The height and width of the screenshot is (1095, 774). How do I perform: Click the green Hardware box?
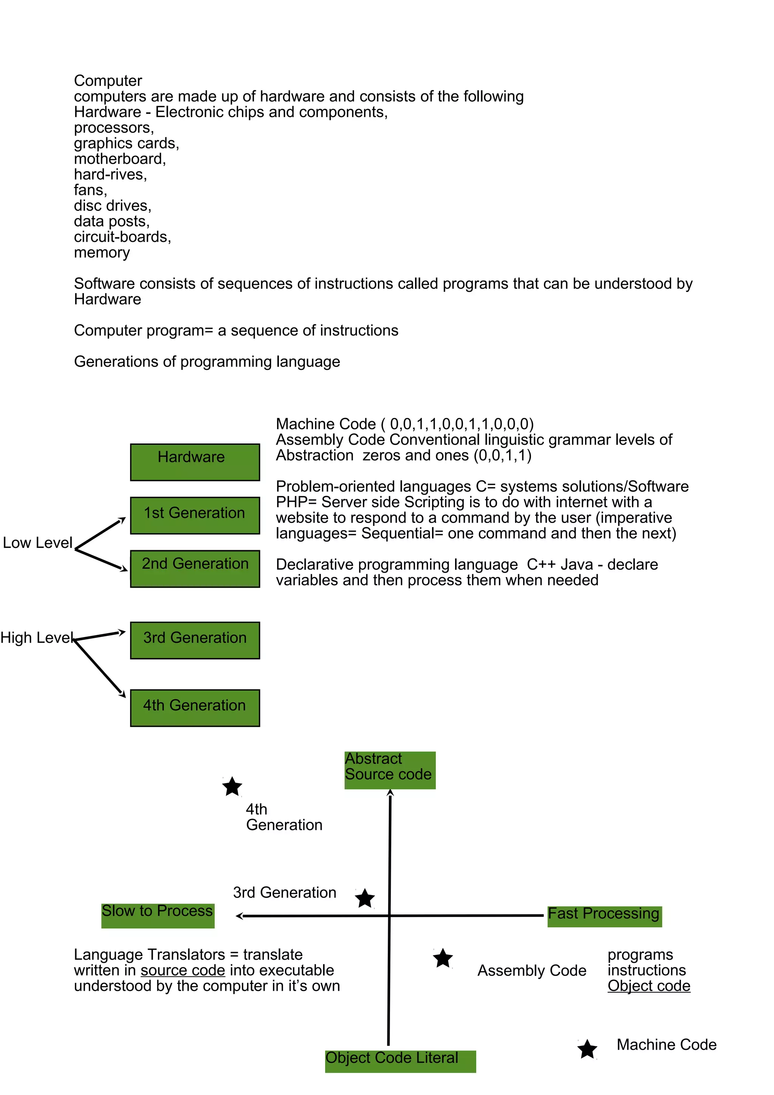195,462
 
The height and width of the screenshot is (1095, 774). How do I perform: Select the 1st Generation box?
195,515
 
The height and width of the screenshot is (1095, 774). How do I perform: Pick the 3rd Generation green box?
195,640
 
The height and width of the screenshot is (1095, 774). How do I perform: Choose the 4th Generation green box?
195,708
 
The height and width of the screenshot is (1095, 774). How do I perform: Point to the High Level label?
37,638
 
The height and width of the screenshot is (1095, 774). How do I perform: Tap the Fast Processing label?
604,916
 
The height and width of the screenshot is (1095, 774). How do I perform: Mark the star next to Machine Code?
587,1049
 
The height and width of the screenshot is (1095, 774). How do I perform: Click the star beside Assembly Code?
443,958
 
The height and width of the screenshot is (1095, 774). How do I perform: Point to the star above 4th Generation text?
232,787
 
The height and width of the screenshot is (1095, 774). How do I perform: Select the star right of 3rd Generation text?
365,899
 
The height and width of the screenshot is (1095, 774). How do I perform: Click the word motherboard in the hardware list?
119,159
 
